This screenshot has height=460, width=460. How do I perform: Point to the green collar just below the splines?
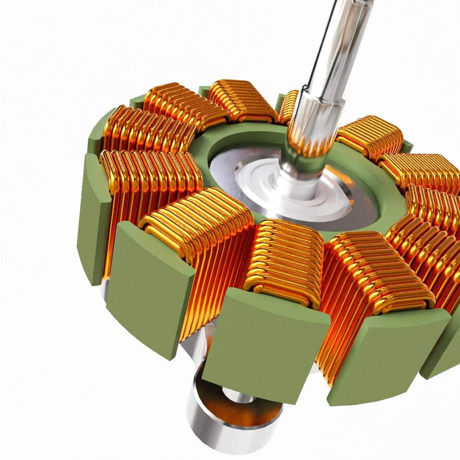pyautogui.click(x=303, y=161)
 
